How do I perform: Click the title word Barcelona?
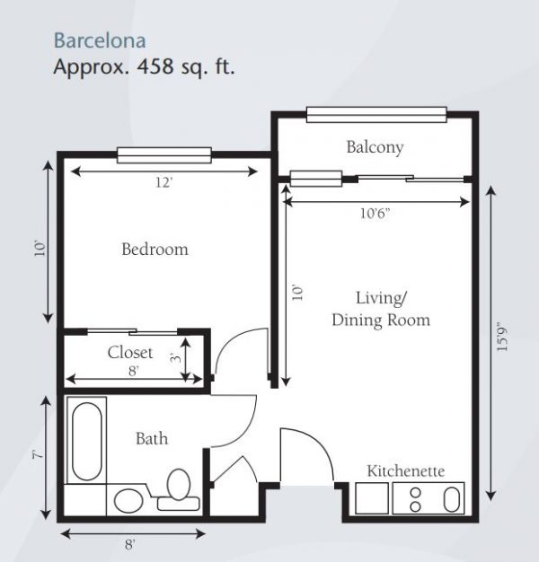click(x=100, y=41)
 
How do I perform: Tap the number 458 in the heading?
click(x=156, y=66)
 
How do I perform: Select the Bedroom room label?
click(x=155, y=250)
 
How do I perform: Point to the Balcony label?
click(x=375, y=147)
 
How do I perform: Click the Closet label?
click(x=130, y=352)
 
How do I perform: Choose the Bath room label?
click(x=152, y=439)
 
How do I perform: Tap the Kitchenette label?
click(x=405, y=471)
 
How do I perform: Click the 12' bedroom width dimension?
click(x=163, y=183)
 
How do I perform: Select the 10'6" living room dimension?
click(x=375, y=214)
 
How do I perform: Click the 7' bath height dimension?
click(x=37, y=455)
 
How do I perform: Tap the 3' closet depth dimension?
click(x=176, y=357)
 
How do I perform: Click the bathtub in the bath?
click(x=87, y=440)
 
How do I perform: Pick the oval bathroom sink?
click(x=128, y=501)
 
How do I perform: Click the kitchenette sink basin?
click(x=452, y=499)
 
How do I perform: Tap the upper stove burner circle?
click(x=415, y=493)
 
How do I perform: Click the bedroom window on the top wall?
click(x=164, y=155)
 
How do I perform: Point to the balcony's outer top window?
click(x=376, y=115)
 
